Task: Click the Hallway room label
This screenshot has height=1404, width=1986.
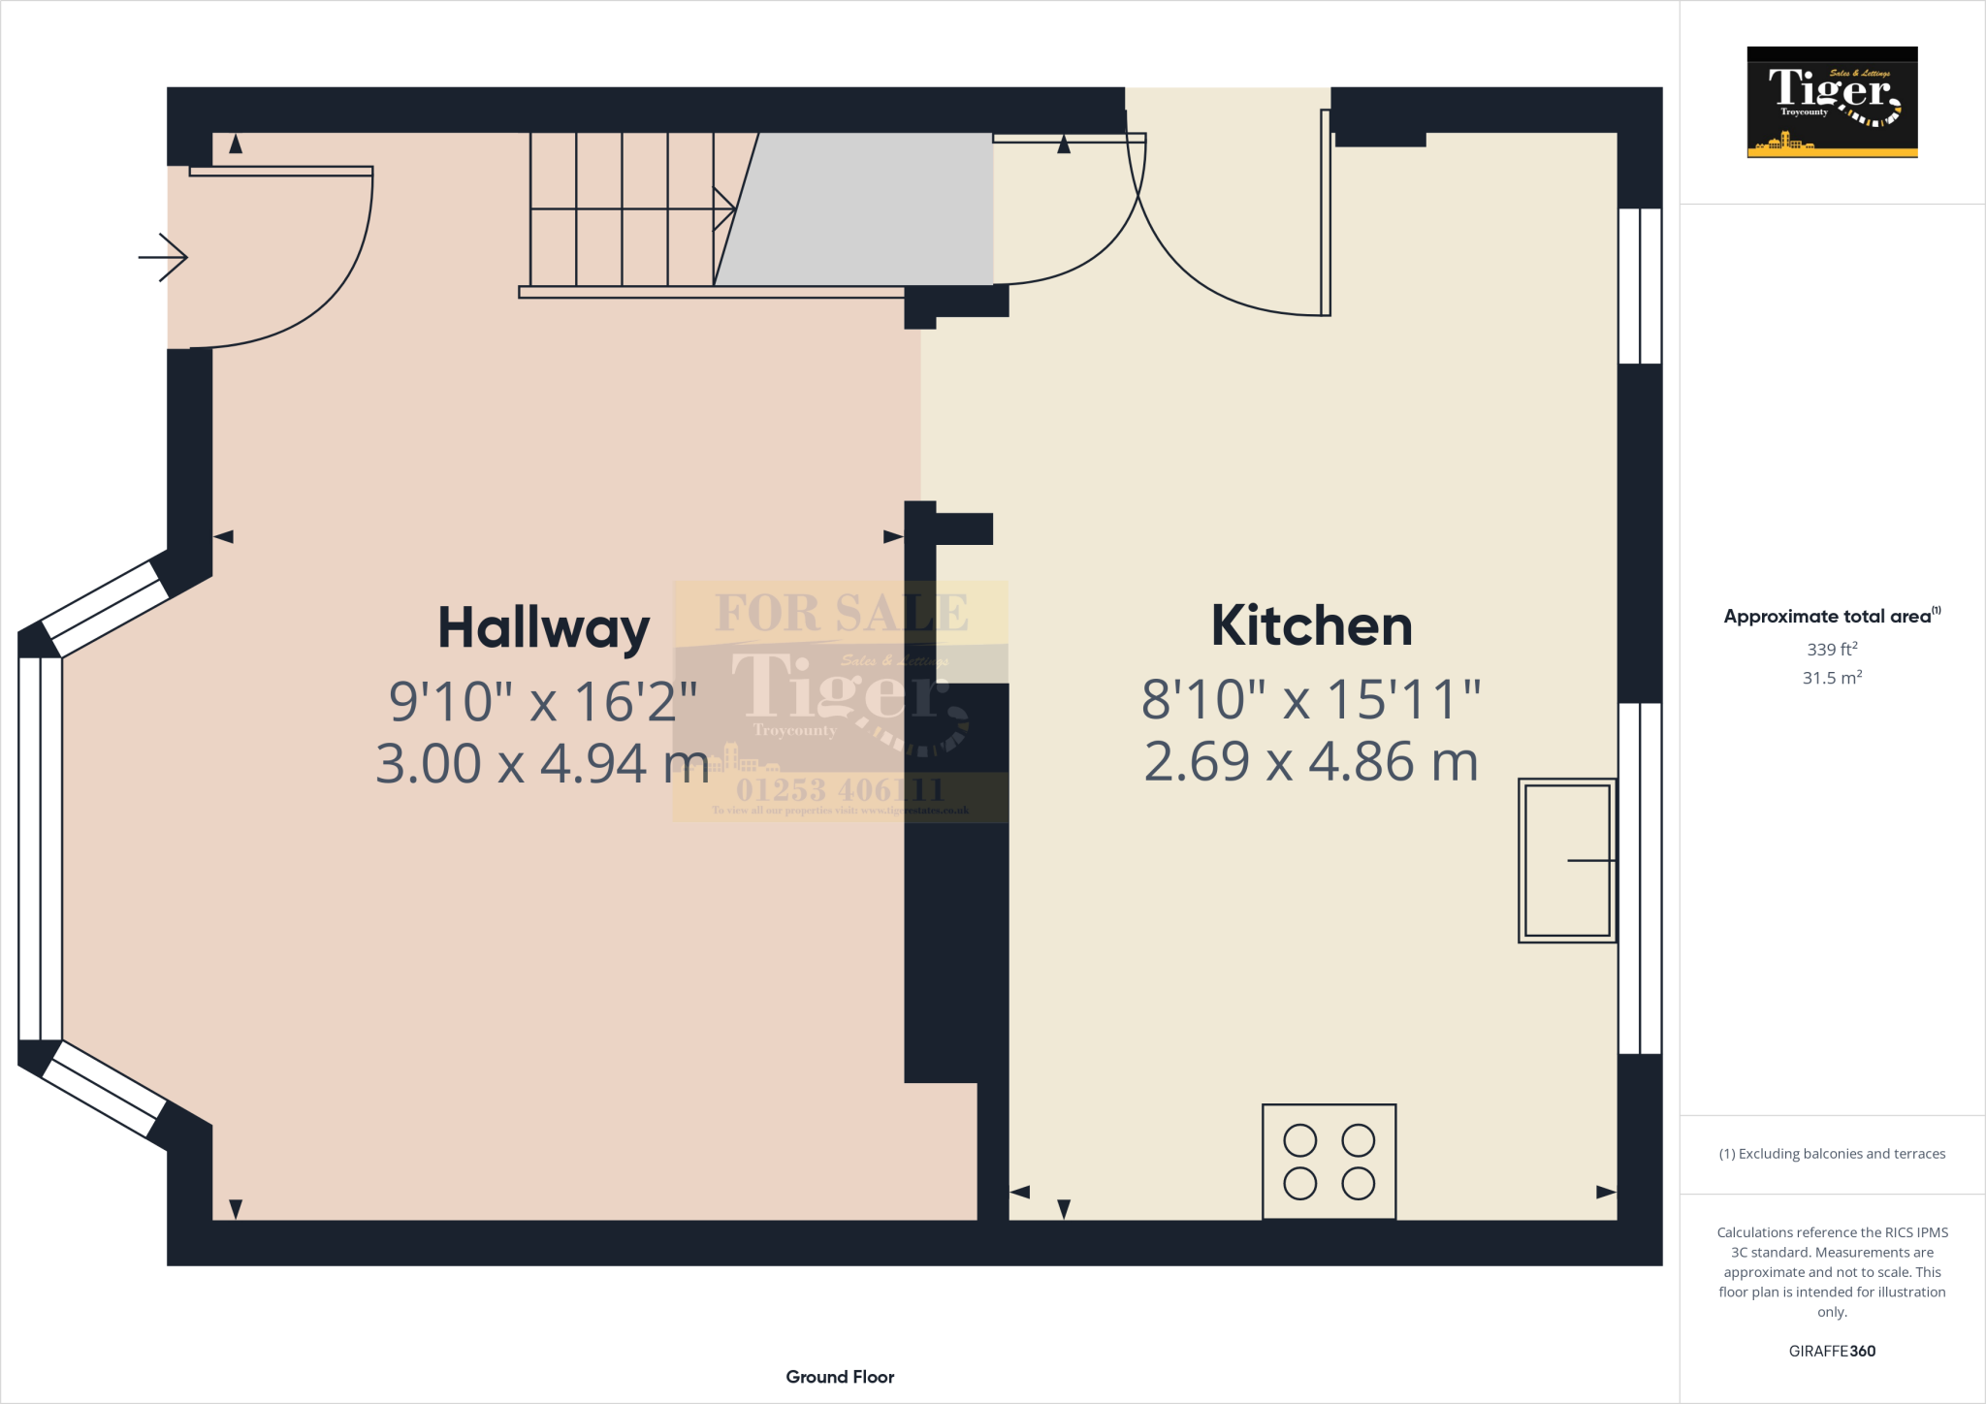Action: pos(543,628)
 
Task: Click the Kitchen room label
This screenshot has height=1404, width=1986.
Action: pos(1311,626)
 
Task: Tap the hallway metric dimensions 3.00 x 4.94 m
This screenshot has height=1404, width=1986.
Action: pos(542,764)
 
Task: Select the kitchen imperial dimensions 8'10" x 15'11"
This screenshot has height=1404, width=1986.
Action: pos(1311,699)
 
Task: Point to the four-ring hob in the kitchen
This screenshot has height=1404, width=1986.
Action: pos(1329,1162)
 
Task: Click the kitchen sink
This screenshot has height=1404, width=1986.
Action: pos(1566,860)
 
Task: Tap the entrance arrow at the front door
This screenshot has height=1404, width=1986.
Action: pos(163,258)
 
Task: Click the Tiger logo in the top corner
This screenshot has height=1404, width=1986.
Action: pos(1832,102)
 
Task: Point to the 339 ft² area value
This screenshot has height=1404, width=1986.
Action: pos(1832,650)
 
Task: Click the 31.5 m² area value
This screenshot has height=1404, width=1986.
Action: pos(1832,678)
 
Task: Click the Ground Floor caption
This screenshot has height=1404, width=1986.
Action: pos(840,1377)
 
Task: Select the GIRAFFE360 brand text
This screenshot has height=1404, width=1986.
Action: pos(1832,1351)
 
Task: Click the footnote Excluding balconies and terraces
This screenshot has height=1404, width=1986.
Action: pos(1832,1154)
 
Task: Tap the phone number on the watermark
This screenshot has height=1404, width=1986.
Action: pos(840,789)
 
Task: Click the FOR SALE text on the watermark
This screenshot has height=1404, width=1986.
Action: pos(841,613)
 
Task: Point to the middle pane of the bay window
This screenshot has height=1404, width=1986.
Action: pos(41,848)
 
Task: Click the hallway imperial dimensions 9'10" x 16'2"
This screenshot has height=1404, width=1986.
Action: pos(543,701)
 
